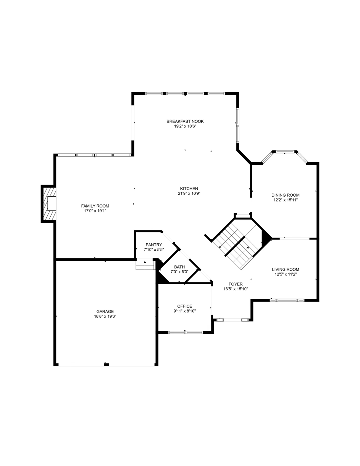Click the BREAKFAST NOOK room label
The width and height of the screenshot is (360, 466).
[185, 121]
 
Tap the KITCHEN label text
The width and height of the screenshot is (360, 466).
[189, 188]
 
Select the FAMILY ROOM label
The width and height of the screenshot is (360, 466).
[95, 206]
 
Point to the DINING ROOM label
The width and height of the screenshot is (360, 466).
[285, 195]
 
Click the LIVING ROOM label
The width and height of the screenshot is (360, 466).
[285, 269]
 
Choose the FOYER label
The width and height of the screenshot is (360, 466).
[236, 284]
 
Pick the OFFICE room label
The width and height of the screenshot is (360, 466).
[185, 306]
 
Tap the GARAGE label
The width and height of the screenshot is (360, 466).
[105, 311]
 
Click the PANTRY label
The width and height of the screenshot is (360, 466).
[154, 245]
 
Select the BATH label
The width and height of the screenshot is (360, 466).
[179, 267]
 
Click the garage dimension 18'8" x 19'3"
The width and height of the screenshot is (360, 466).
[105, 316]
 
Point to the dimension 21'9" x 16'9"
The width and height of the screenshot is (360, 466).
[189, 193]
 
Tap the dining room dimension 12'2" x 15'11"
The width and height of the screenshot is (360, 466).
[285, 200]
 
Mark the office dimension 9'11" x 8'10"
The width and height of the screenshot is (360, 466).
[185, 311]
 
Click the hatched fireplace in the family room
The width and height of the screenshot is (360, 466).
[49, 204]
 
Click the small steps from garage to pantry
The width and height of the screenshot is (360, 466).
[145, 265]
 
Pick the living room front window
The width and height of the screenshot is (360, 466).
[287, 300]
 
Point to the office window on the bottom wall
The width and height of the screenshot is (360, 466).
[186, 332]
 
